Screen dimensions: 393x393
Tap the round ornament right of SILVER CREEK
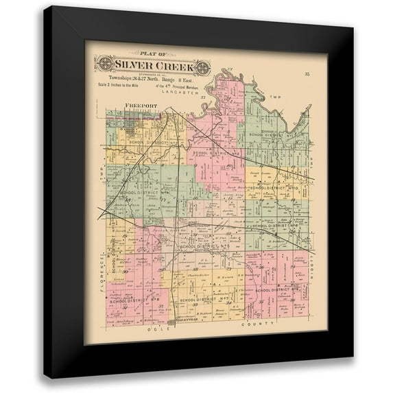click(x=203, y=67)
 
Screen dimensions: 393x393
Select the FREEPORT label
click(x=141, y=106)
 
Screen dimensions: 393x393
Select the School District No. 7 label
click(x=202, y=300)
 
